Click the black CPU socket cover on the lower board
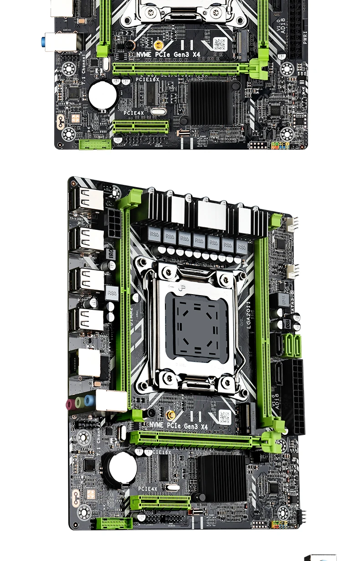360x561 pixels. coord(197,322)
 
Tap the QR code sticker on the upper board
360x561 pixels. coord(220,44)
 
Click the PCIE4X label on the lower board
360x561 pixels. coord(148,489)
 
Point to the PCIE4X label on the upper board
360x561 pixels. coord(134,113)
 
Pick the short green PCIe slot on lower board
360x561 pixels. coord(160,503)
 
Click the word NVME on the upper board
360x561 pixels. coord(144,54)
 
